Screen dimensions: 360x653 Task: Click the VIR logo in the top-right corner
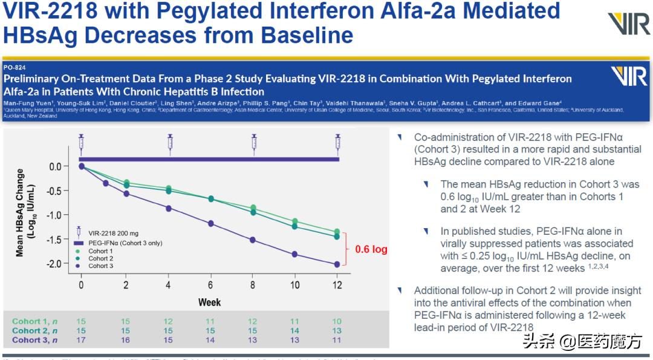[x=628, y=24]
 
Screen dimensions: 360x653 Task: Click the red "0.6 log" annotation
[x=371, y=249]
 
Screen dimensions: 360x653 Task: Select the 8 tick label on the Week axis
[x=252, y=285]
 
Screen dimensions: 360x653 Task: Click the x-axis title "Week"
[x=209, y=302]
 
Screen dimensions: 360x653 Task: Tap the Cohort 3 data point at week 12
[x=337, y=264]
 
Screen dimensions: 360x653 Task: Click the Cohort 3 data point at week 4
[x=169, y=208]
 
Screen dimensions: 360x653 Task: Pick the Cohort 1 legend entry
[x=100, y=251]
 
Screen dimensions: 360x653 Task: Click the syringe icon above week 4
[x=170, y=142]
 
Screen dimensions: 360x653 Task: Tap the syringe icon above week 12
[x=337, y=142]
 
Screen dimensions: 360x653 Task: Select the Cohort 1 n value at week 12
[x=337, y=321]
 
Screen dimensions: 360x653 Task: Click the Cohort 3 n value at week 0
[x=81, y=340]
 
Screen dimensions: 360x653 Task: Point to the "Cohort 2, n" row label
[x=35, y=331]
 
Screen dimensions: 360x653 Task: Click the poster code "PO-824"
[x=15, y=67]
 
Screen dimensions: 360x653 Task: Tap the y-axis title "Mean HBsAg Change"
[x=20, y=213]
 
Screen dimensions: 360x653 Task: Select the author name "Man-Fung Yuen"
[x=22, y=103]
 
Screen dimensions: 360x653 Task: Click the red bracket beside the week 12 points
[x=346, y=249]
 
